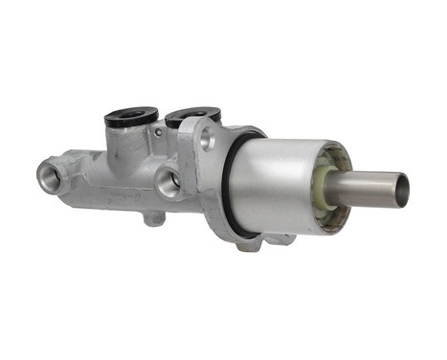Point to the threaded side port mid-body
click(168, 182)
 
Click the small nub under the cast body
click(150, 218)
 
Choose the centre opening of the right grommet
click(191, 113)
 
